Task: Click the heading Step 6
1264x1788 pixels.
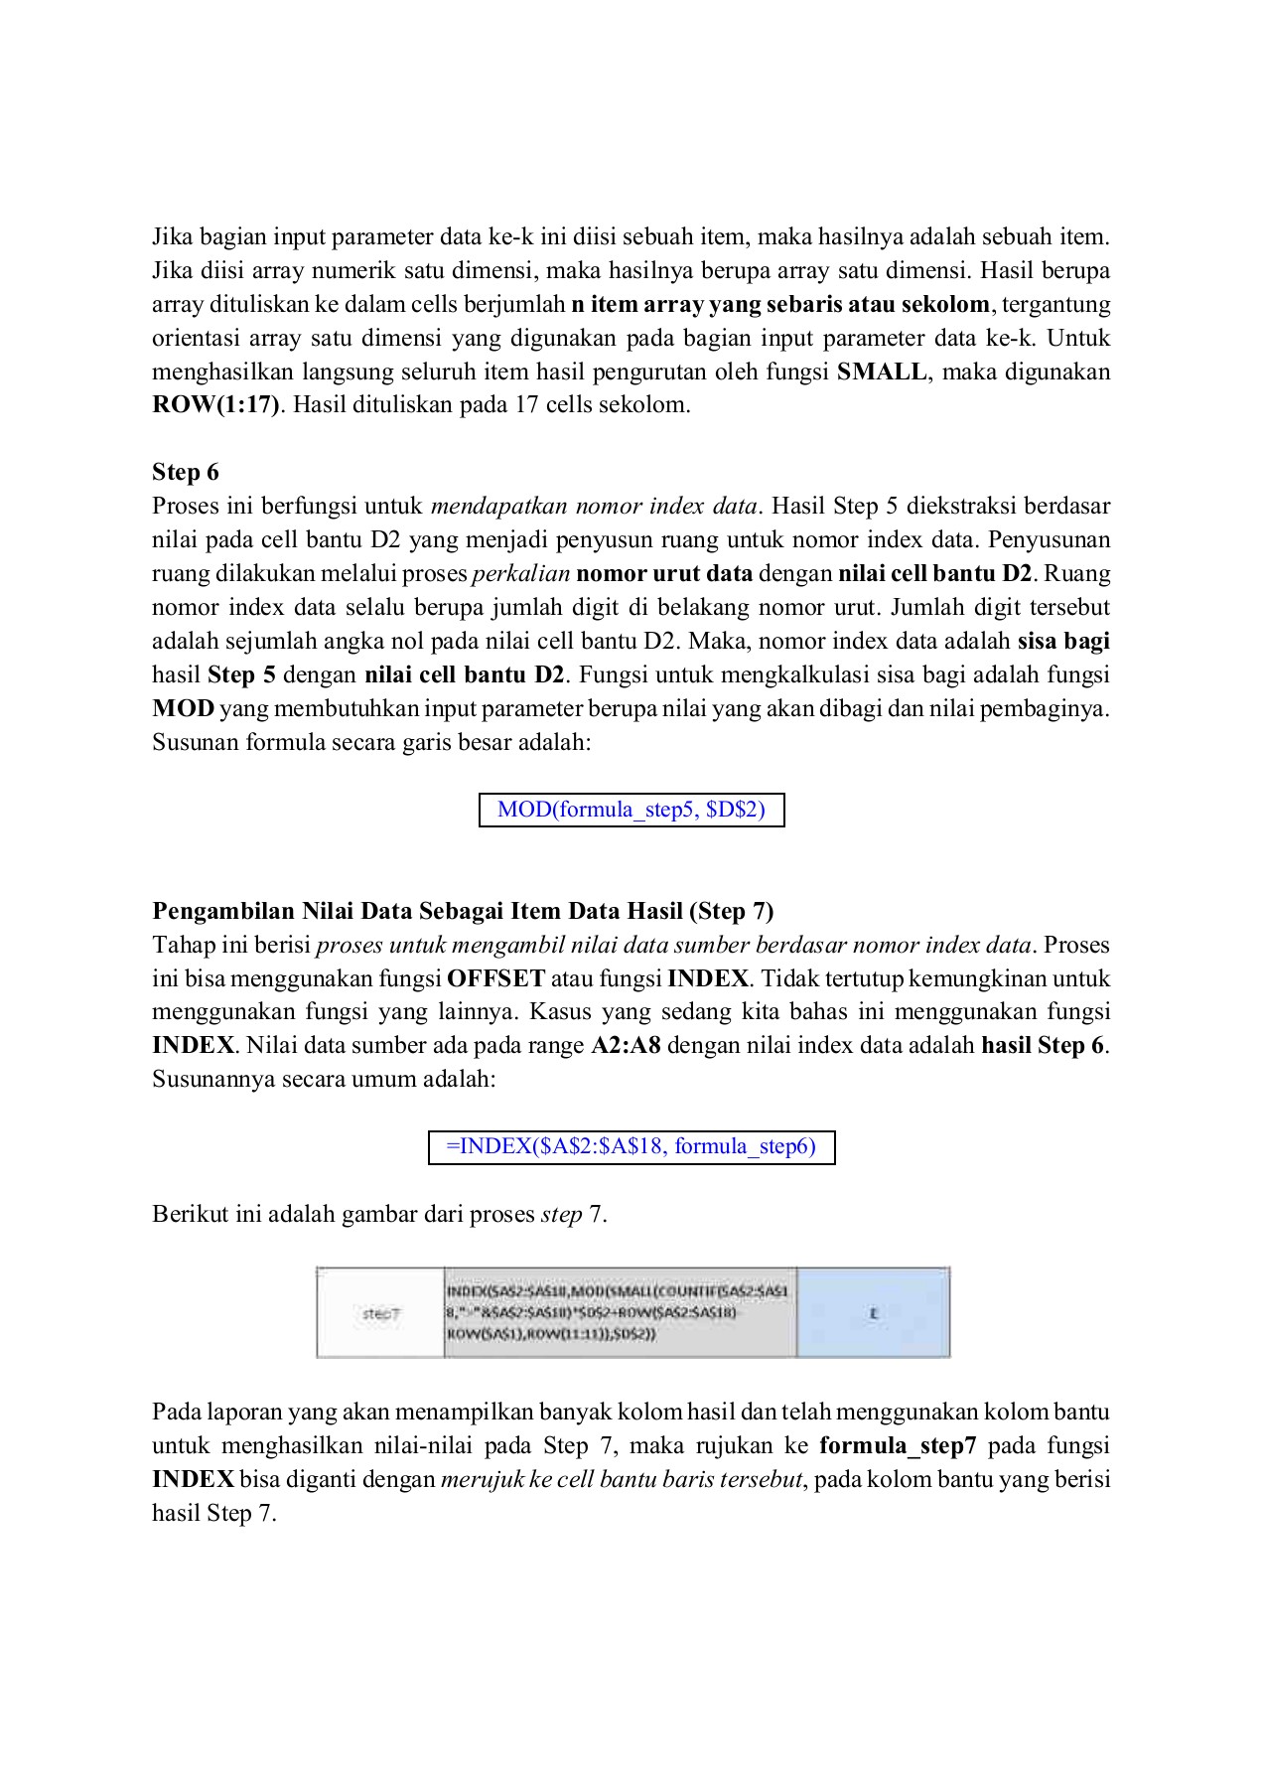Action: pyautogui.click(x=185, y=472)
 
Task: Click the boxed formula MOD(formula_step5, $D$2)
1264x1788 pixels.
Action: pyautogui.click(x=632, y=810)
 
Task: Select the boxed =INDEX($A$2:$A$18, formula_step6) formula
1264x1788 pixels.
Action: pyautogui.click(x=632, y=1146)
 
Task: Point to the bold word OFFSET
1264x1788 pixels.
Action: pyautogui.click(x=495, y=978)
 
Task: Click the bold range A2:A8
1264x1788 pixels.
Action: pyautogui.click(x=626, y=1046)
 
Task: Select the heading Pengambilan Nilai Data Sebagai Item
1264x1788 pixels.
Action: pyautogui.click(x=463, y=911)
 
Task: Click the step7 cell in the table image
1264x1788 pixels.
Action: pyautogui.click(x=380, y=1313)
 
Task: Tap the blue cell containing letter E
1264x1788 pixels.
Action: pyautogui.click(x=874, y=1313)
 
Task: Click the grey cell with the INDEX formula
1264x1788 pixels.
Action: pyautogui.click(x=620, y=1313)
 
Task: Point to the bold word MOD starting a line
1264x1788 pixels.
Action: pyautogui.click(x=183, y=709)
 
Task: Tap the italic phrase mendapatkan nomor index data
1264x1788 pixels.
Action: pyautogui.click(x=593, y=507)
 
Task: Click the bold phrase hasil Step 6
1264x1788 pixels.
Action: pyautogui.click(x=1042, y=1046)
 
